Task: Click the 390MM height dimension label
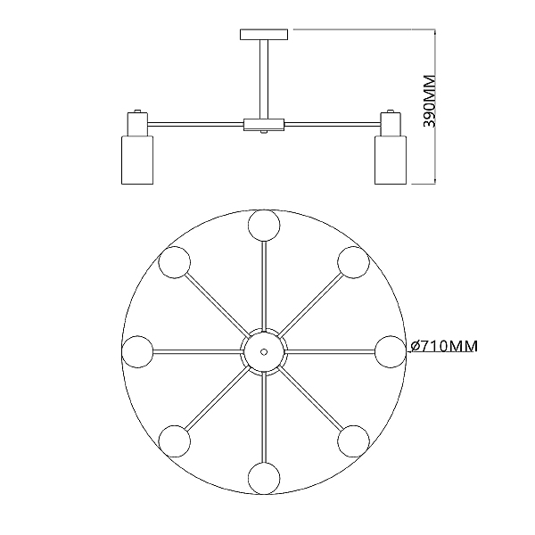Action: tap(429, 101)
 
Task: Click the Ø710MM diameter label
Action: tap(444, 346)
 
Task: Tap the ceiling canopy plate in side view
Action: tap(264, 35)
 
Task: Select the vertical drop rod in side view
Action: tap(264, 79)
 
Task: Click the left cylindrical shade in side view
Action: tap(137, 160)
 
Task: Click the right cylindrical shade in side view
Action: tap(391, 160)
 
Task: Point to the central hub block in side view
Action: tap(264, 125)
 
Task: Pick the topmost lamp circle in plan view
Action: tap(264, 226)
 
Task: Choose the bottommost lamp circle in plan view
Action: tap(264, 478)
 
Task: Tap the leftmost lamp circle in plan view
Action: tap(137, 352)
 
